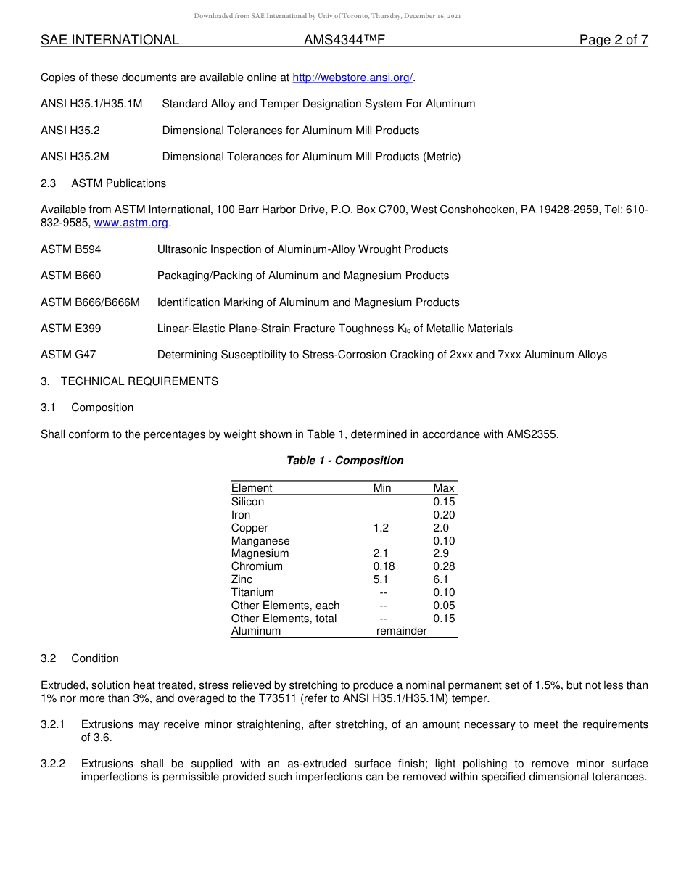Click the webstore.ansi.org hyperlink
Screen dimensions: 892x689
352,78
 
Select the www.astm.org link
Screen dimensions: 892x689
131,223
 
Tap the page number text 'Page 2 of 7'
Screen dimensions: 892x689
613,40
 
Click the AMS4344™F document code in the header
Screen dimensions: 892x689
344,40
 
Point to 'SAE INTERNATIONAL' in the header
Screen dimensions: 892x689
110,40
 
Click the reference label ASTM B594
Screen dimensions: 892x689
71,249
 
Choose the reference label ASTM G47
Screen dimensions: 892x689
68,355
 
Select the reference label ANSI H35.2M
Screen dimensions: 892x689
75,157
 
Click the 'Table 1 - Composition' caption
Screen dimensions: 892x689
344,461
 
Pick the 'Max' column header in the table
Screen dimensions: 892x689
444,488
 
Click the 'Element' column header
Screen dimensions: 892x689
252,488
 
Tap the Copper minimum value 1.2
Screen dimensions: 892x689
381,528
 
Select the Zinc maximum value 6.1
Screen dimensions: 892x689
441,579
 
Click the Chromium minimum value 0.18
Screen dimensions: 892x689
384,566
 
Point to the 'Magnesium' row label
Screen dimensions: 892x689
260,553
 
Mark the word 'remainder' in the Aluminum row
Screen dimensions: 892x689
401,631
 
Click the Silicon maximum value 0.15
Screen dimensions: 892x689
444,502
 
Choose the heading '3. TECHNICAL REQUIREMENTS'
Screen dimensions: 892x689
129,381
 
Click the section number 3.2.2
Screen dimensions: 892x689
53,764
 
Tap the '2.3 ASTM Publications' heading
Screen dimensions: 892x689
103,183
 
